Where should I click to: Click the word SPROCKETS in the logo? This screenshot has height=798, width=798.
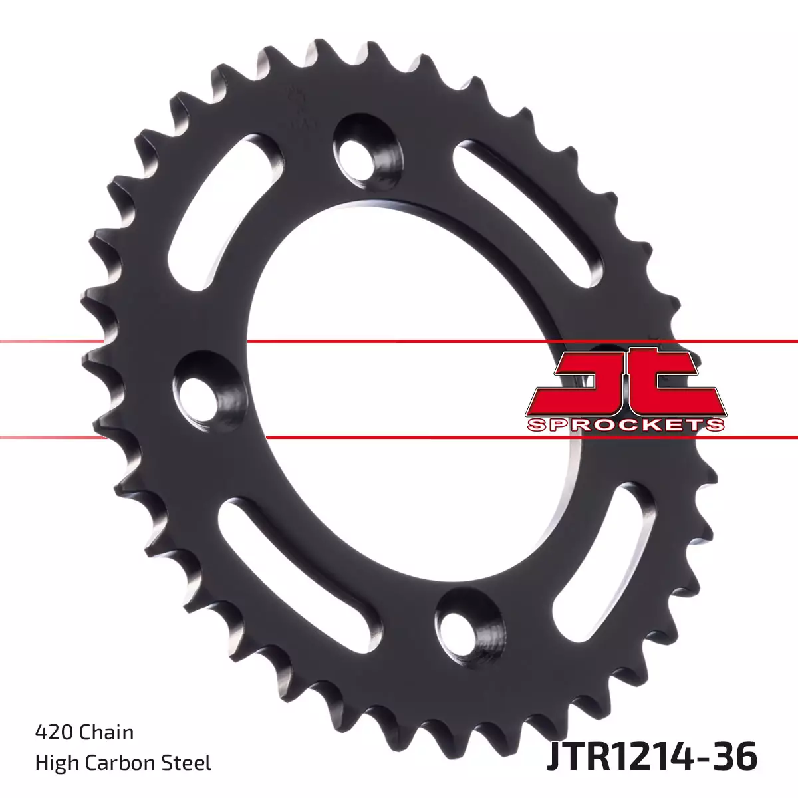625,424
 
